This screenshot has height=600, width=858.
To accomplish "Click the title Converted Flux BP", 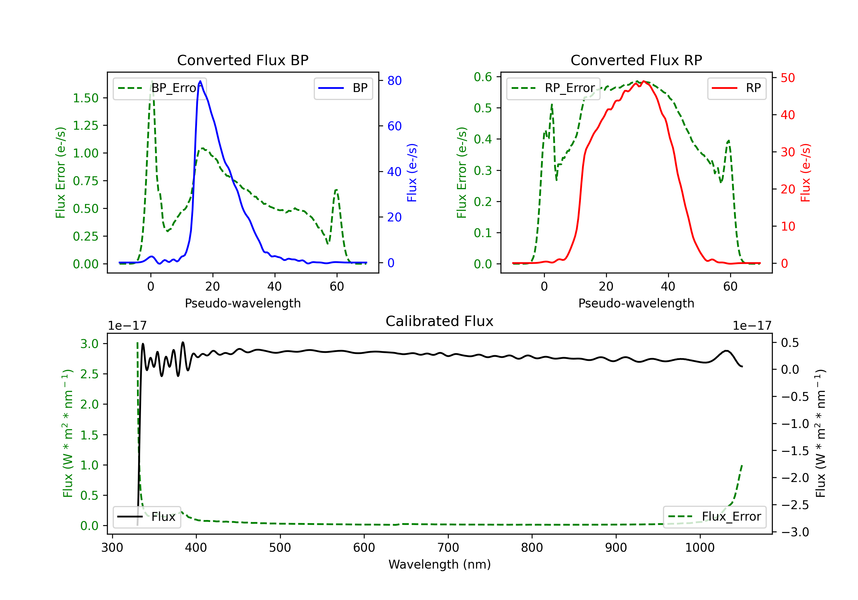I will coord(243,60).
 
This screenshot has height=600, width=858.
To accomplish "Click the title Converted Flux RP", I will coord(636,60).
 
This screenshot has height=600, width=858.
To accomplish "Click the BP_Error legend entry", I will coord(160,88).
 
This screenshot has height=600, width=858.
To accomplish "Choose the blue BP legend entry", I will coord(343,88).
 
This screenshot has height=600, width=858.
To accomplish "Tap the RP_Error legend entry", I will coord(553,88).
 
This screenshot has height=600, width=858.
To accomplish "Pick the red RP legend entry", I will coord(736,88).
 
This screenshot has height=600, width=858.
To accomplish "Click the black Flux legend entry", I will coord(147,517).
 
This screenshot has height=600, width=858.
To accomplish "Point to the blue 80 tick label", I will coord(394,81).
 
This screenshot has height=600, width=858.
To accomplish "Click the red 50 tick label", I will coord(787,78).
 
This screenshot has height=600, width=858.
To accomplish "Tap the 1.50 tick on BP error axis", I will coord(86,98).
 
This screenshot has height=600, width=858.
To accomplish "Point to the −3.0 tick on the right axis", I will coord(795,532).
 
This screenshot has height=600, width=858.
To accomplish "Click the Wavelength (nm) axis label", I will coord(440,565).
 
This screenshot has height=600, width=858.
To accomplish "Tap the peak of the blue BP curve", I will coord(200,81).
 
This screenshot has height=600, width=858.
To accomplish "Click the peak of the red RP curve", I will coord(643,81).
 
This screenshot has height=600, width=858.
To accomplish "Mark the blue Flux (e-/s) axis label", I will coord(412,173).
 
